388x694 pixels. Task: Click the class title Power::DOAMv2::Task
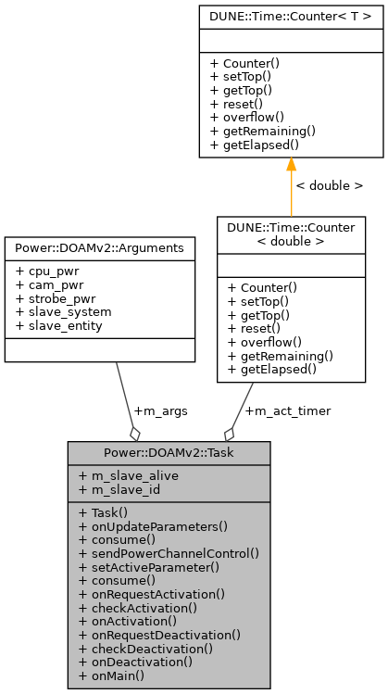pyautogui.click(x=169, y=452)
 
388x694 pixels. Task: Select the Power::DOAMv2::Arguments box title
pyautogui.click(x=100, y=248)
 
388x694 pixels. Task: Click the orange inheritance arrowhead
pyautogui.click(x=291, y=165)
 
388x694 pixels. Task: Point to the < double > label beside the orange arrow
pyautogui.click(x=329, y=185)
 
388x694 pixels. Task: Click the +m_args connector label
pyautogui.click(x=157, y=410)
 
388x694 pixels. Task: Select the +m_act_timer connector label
pyautogui.click(x=287, y=410)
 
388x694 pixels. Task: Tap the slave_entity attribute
pyautogui.click(x=57, y=325)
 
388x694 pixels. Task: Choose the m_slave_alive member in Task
pyautogui.click(x=129, y=475)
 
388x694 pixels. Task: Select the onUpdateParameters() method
pyautogui.click(x=154, y=526)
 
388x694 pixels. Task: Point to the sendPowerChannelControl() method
pyautogui.click(x=169, y=552)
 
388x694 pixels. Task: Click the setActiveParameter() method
pyautogui.click(x=149, y=566)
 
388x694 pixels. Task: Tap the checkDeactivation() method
pyautogui.click(x=146, y=649)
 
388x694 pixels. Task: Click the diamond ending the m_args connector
pyautogui.click(x=135, y=433)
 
